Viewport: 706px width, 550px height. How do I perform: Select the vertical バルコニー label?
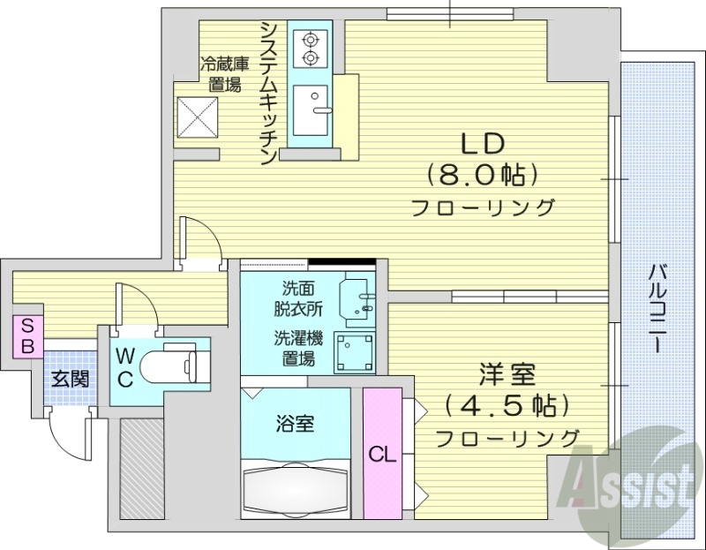657,308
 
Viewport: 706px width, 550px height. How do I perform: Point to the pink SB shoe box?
27,335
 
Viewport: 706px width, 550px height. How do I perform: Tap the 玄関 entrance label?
69,379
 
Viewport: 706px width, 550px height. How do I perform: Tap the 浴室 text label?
293,423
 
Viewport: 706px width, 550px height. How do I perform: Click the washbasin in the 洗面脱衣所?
356,296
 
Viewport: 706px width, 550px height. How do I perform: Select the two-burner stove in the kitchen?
310,48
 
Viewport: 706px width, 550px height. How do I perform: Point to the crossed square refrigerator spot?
198,114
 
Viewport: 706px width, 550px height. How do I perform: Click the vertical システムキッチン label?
268,93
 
